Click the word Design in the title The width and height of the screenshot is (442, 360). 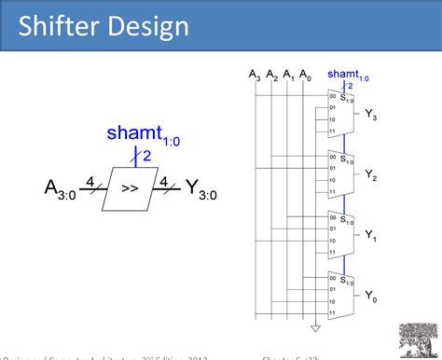click(x=147, y=25)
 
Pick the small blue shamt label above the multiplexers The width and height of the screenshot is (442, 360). click(x=346, y=74)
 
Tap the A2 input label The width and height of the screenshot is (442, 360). click(x=272, y=74)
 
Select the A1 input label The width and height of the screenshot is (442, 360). click(x=289, y=74)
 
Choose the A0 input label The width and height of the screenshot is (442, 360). click(x=306, y=74)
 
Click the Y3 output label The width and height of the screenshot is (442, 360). click(x=370, y=116)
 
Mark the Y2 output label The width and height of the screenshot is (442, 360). click(x=370, y=174)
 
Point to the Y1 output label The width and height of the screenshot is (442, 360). click(x=370, y=237)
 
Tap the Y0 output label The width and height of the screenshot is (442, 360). click(x=370, y=297)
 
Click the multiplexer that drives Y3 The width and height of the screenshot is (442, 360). click(x=340, y=112)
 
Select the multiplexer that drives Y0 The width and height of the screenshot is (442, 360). click(x=340, y=293)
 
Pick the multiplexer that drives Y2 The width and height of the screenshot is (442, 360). click(x=340, y=172)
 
